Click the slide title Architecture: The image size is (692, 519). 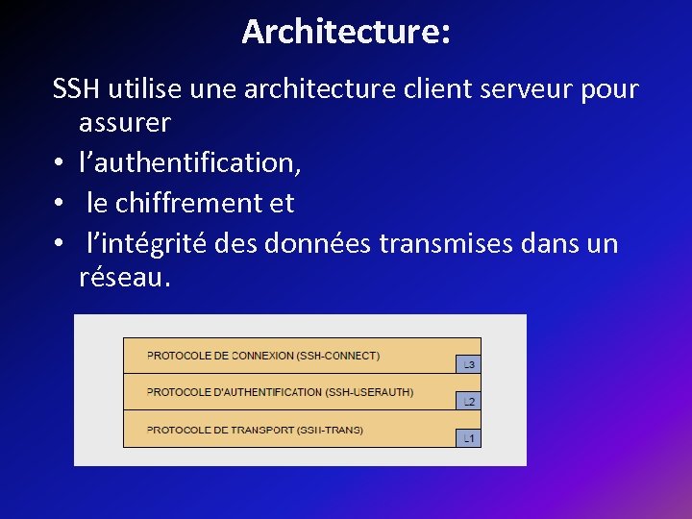click(x=346, y=32)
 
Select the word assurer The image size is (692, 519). click(x=125, y=123)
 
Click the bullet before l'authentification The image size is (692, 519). click(x=61, y=164)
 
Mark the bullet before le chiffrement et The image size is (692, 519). click(x=61, y=204)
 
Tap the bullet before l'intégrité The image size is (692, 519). click(x=61, y=244)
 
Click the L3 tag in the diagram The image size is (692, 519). click(x=468, y=364)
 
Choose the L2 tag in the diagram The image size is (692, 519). click(x=468, y=401)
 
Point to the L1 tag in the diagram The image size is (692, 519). click(x=468, y=438)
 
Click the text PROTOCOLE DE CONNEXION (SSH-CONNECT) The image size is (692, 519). click(x=262, y=356)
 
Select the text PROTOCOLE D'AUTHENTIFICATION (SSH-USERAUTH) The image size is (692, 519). click(x=280, y=392)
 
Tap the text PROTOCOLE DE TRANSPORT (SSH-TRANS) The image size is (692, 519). click(x=255, y=430)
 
